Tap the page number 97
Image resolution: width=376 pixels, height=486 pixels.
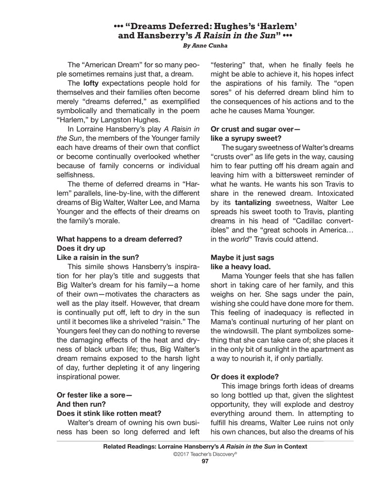[205, 462]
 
